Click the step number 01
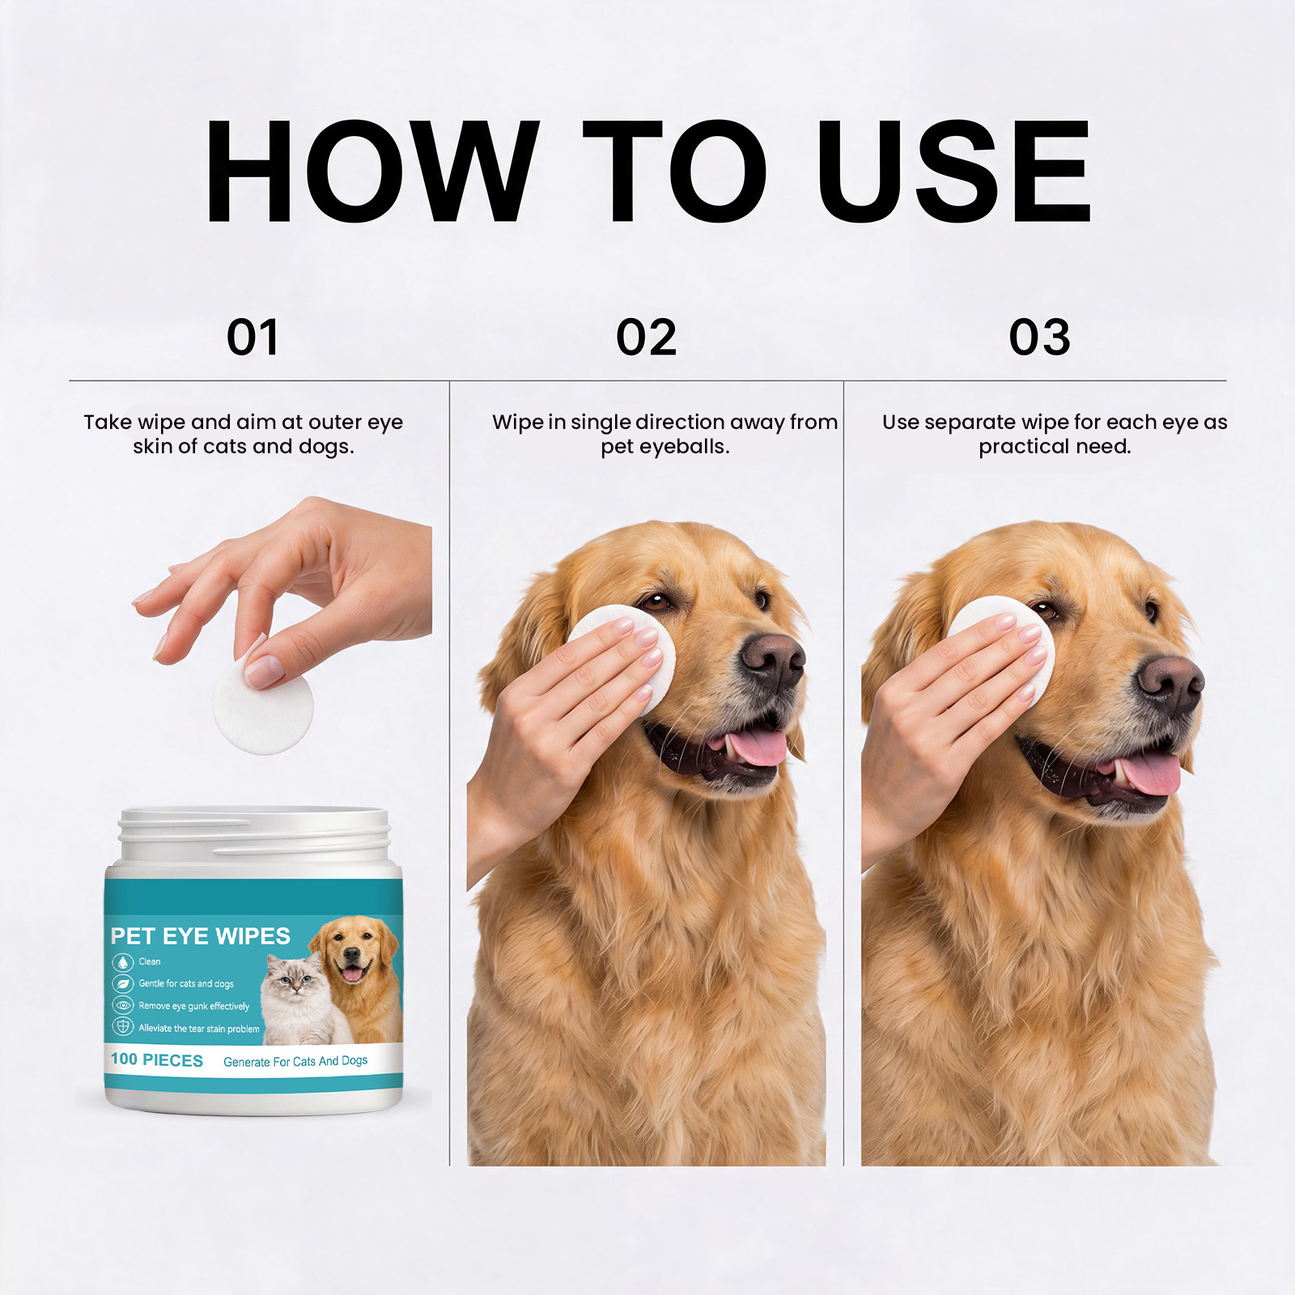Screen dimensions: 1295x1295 click(253, 337)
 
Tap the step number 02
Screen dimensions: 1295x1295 click(646, 337)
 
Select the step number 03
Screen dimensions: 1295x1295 click(1039, 337)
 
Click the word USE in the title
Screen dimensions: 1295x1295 click(953, 171)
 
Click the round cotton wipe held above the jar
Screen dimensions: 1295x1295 click(263, 704)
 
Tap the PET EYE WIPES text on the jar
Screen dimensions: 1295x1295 click(200, 936)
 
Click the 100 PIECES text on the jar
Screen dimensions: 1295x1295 click(157, 1059)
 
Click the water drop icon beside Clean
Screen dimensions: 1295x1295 click(122, 962)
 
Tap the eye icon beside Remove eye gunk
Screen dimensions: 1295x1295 click(122, 1006)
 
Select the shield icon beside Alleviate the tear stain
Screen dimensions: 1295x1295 click(122, 1028)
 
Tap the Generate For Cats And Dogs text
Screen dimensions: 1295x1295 click(295, 1061)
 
